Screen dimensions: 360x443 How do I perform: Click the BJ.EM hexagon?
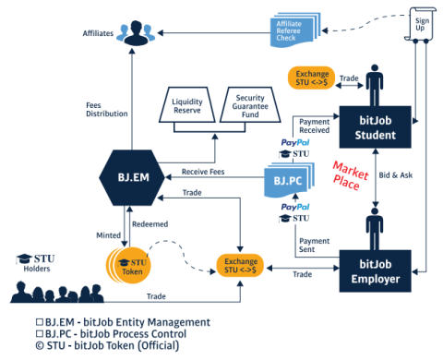(126, 172)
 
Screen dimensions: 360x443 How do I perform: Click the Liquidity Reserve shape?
(188, 104)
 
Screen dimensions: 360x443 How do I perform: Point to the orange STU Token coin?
(132, 266)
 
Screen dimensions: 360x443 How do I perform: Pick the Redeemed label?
(141, 224)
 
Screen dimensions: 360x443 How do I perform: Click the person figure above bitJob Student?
(376, 86)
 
